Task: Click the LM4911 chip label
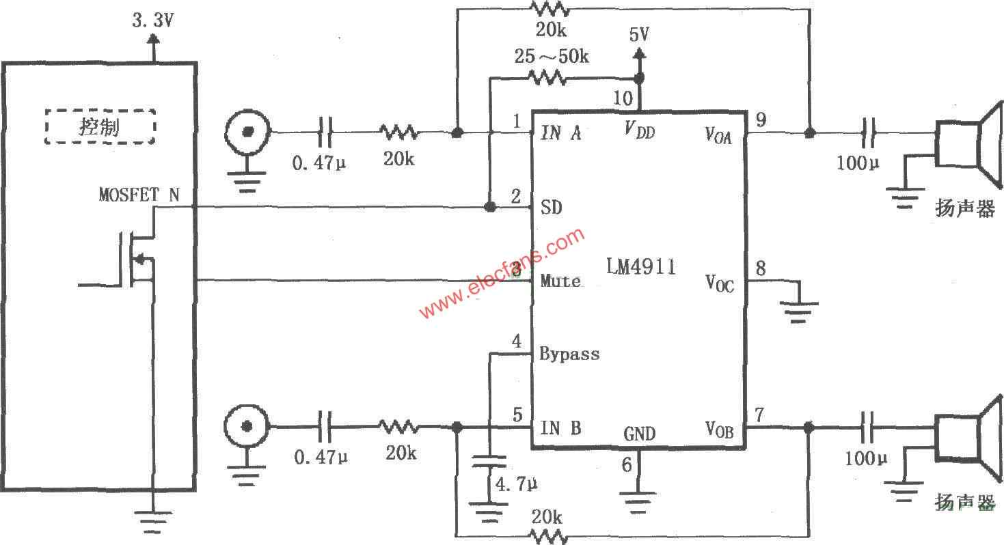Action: pos(641,267)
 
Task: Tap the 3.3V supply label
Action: pos(153,20)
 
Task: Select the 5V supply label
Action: pos(639,34)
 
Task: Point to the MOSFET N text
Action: pos(139,195)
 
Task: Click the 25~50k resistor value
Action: pos(552,57)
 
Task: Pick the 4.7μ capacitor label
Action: pos(516,484)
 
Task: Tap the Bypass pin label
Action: pos(569,354)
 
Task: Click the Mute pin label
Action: pos(560,281)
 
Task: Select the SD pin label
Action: pos(552,208)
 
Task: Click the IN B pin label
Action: pos(560,428)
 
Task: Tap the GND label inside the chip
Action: pos(639,434)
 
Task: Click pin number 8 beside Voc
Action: pos(761,268)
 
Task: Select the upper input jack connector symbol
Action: pos(247,132)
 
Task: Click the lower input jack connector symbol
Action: pos(247,426)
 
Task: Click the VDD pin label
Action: pos(640,130)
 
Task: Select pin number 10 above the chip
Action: pos(623,98)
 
